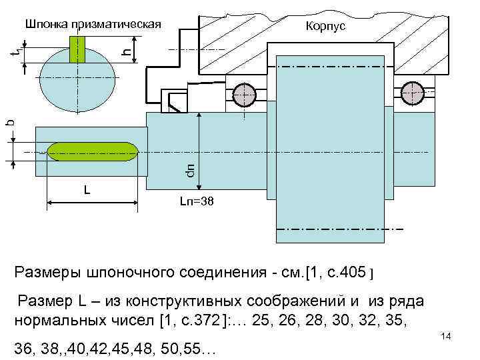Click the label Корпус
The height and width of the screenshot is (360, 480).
tap(325, 26)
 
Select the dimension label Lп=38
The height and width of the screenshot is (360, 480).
tap(197, 201)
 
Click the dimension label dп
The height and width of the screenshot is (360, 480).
tap(190, 171)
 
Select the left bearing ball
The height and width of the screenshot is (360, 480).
tap(244, 92)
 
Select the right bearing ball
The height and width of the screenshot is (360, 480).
tap(413, 92)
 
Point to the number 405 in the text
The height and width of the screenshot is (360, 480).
tap(351, 273)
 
